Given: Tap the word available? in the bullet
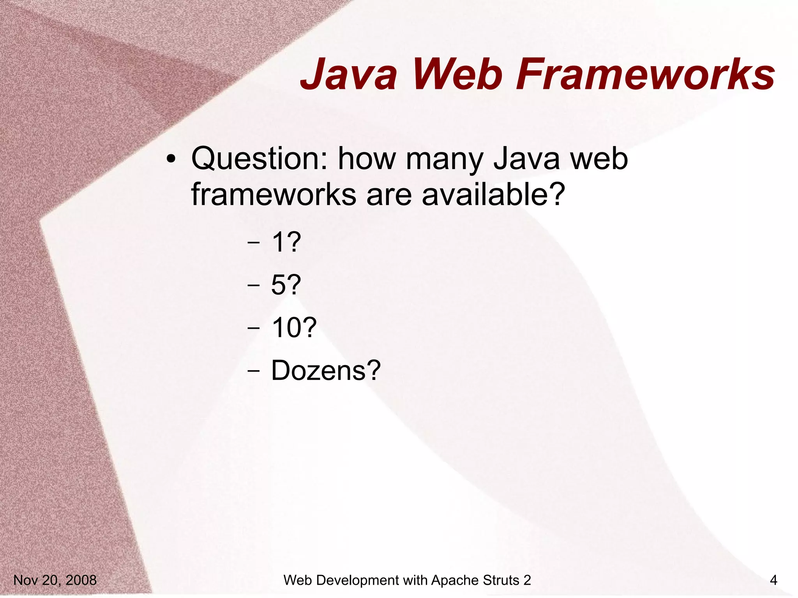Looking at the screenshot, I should tap(493, 194).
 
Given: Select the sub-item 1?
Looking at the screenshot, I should tap(286, 242).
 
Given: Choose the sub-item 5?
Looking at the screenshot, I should tap(286, 285).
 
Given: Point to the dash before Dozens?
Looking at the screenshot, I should tap(253, 371).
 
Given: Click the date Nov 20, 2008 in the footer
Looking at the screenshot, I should tap(55, 580).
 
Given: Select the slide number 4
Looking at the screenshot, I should tap(773, 580).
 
